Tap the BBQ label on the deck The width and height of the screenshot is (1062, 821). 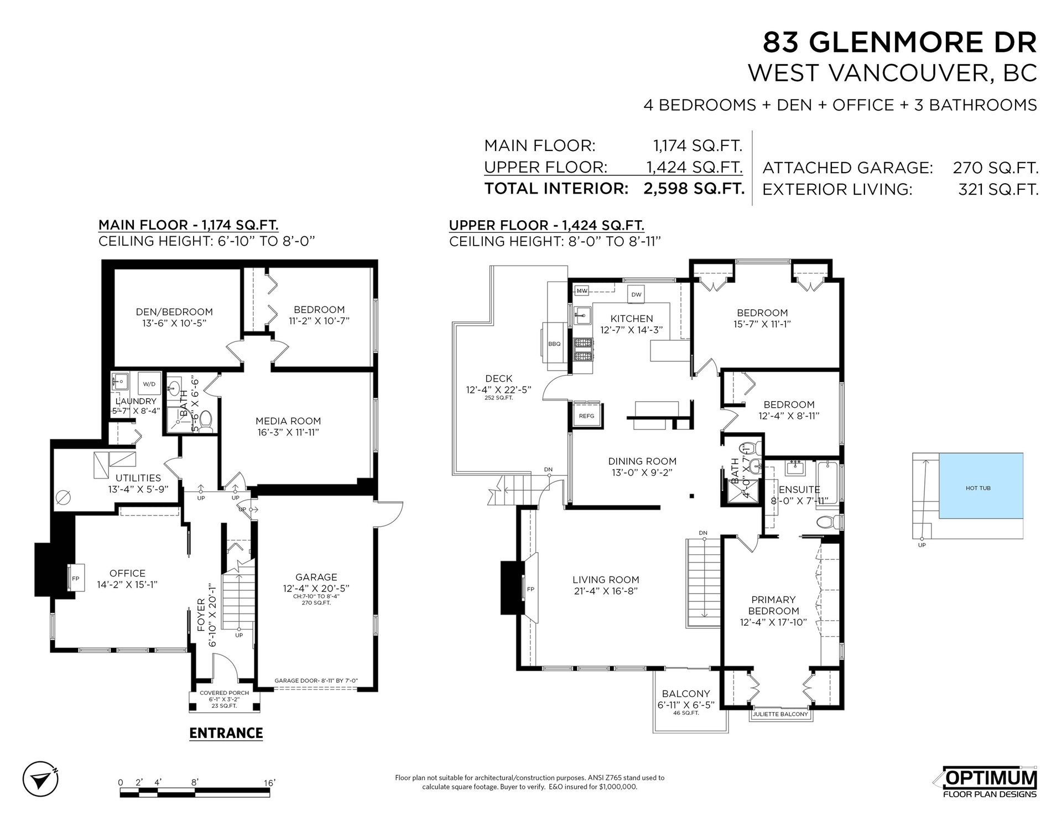[554, 344]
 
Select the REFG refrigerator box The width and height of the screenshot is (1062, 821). [586, 416]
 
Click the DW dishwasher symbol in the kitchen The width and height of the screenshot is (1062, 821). [637, 295]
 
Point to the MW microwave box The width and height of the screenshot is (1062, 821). [582, 290]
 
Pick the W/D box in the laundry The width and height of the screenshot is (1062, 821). [149, 383]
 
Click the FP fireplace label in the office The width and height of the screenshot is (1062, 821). [75, 579]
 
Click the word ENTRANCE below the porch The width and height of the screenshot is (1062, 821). [226, 733]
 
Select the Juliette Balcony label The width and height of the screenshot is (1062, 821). [780, 714]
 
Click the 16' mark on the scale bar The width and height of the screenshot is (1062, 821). [269, 782]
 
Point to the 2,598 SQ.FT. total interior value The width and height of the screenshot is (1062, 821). [694, 189]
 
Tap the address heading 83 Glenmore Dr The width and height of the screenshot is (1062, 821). [900, 43]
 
